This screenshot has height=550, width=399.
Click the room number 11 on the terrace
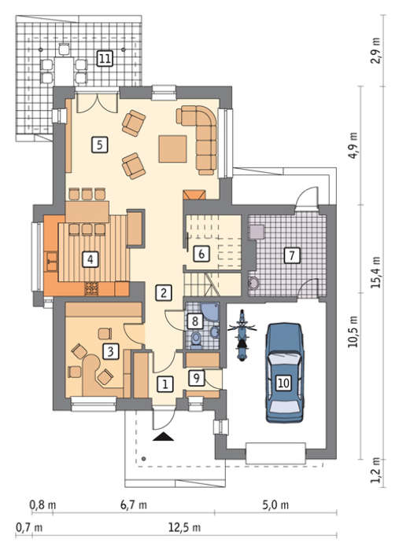coord(105,58)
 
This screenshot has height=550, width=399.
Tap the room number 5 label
coord(100,145)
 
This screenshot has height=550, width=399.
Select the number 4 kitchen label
coord(91,259)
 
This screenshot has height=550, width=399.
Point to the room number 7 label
coord(292,255)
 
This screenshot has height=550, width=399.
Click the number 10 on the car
coord(283,383)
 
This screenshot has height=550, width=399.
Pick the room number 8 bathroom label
coord(195,321)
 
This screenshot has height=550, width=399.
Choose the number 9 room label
coord(196,378)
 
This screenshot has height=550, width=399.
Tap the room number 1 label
coord(164,384)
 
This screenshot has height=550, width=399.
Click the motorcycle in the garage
coord(242,335)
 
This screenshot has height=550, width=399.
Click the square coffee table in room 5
coord(172,149)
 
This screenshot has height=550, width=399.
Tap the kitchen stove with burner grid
coord(92,288)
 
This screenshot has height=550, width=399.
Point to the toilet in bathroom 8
coord(195,339)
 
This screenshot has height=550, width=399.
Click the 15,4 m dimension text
coord(376,272)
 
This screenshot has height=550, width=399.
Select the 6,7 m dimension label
coord(134,504)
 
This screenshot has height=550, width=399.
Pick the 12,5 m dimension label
coord(184,527)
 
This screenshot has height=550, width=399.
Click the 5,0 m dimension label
coord(275,504)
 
